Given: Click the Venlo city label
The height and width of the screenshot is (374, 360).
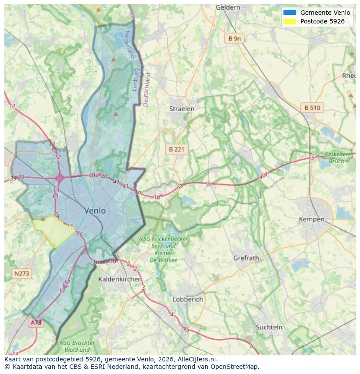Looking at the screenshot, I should coord(95,211).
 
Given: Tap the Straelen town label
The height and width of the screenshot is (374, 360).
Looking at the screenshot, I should coord(182,109).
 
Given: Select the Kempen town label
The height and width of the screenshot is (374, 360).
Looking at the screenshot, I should coord(311,219).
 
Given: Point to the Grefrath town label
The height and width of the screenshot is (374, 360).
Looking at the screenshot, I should coord(246,258).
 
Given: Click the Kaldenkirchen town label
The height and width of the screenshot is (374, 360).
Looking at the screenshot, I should coord(120,279).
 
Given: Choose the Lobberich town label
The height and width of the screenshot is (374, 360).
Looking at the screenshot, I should coord(188,299).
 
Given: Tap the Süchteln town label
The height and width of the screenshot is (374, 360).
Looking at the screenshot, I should coord(269,327).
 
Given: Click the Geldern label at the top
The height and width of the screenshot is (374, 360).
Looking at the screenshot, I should coord(228,7).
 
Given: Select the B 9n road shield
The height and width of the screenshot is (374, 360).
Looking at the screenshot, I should coord(234,39).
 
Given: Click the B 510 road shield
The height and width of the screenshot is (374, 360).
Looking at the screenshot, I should coord(312,108).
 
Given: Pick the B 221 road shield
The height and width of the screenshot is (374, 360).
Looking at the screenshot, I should coord(177,149).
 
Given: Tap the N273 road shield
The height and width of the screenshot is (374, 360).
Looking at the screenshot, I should coord(22,274).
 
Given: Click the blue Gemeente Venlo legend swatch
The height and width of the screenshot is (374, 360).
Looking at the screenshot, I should coord(290,13).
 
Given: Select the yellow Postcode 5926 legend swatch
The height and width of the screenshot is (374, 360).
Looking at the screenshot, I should coord(290,21).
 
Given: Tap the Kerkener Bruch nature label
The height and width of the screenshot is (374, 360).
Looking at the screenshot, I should coord(337,158).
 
